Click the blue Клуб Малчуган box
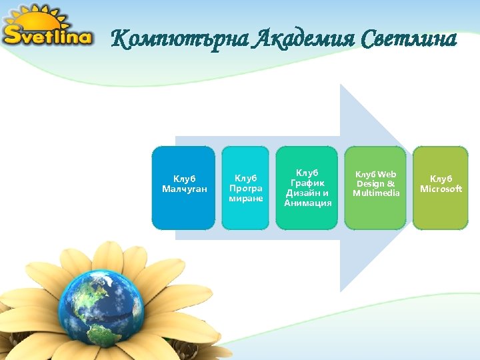184,188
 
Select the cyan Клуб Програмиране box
246,188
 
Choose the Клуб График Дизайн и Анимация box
307,188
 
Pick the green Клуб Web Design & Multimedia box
375,188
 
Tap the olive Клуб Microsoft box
441,188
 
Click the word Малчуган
185,189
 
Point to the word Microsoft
441,189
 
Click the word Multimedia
376,193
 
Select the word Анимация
307,203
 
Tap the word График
307,183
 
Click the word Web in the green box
387,175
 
